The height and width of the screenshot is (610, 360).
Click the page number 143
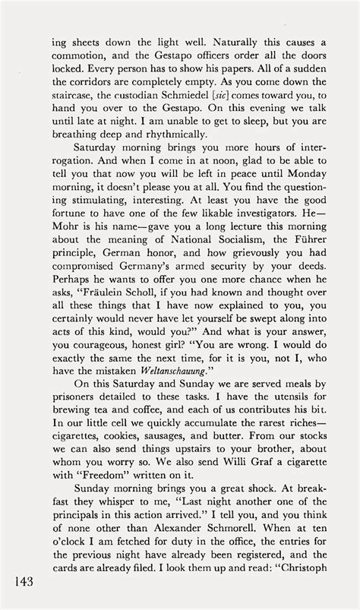tap(22, 580)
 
